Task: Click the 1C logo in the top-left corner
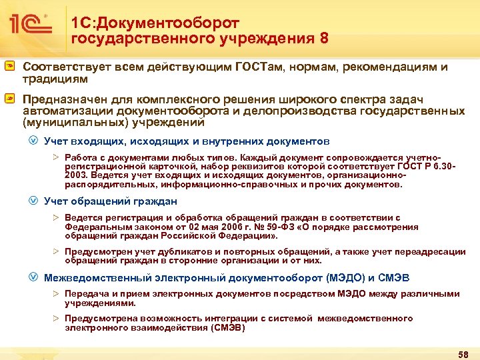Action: point(30,25)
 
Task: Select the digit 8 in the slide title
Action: point(324,38)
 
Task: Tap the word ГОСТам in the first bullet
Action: point(265,67)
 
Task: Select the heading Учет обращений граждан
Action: point(110,201)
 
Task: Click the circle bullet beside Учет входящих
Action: point(33,141)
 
